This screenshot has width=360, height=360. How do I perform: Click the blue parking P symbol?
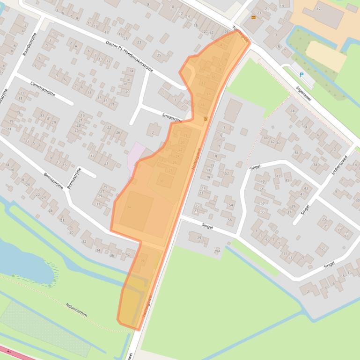pyautogui.click(x=301, y=74)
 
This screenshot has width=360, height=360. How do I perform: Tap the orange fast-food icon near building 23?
pyautogui.click(x=254, y=17)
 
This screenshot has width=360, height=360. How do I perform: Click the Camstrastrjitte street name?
pyautogui.click(x=42, y=88)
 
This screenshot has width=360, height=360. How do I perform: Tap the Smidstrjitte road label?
pyautogui.click(x=172, y=117)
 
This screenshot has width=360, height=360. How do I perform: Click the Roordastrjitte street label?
pyautogui.click(x=29, y=43)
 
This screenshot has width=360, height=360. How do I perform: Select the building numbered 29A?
pyautogui.click(x=217, y=251)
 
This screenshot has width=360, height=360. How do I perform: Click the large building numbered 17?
pyautogui.click(x=319, y=8)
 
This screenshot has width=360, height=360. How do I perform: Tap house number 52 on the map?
pyautogui.click(x=227, y=173)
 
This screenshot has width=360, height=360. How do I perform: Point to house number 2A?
pyautogui.click(x=293, y=111)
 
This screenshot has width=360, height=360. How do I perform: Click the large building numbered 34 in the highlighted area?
pyautogui.click(x=129, y=207)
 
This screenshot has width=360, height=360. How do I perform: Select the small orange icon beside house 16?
pyautogui.click(x=206, y=119)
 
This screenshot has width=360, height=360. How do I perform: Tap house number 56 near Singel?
pyautogui.click(x=229, y=220)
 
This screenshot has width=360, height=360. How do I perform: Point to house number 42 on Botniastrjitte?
pyautogui.click(x=127, y=254)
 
